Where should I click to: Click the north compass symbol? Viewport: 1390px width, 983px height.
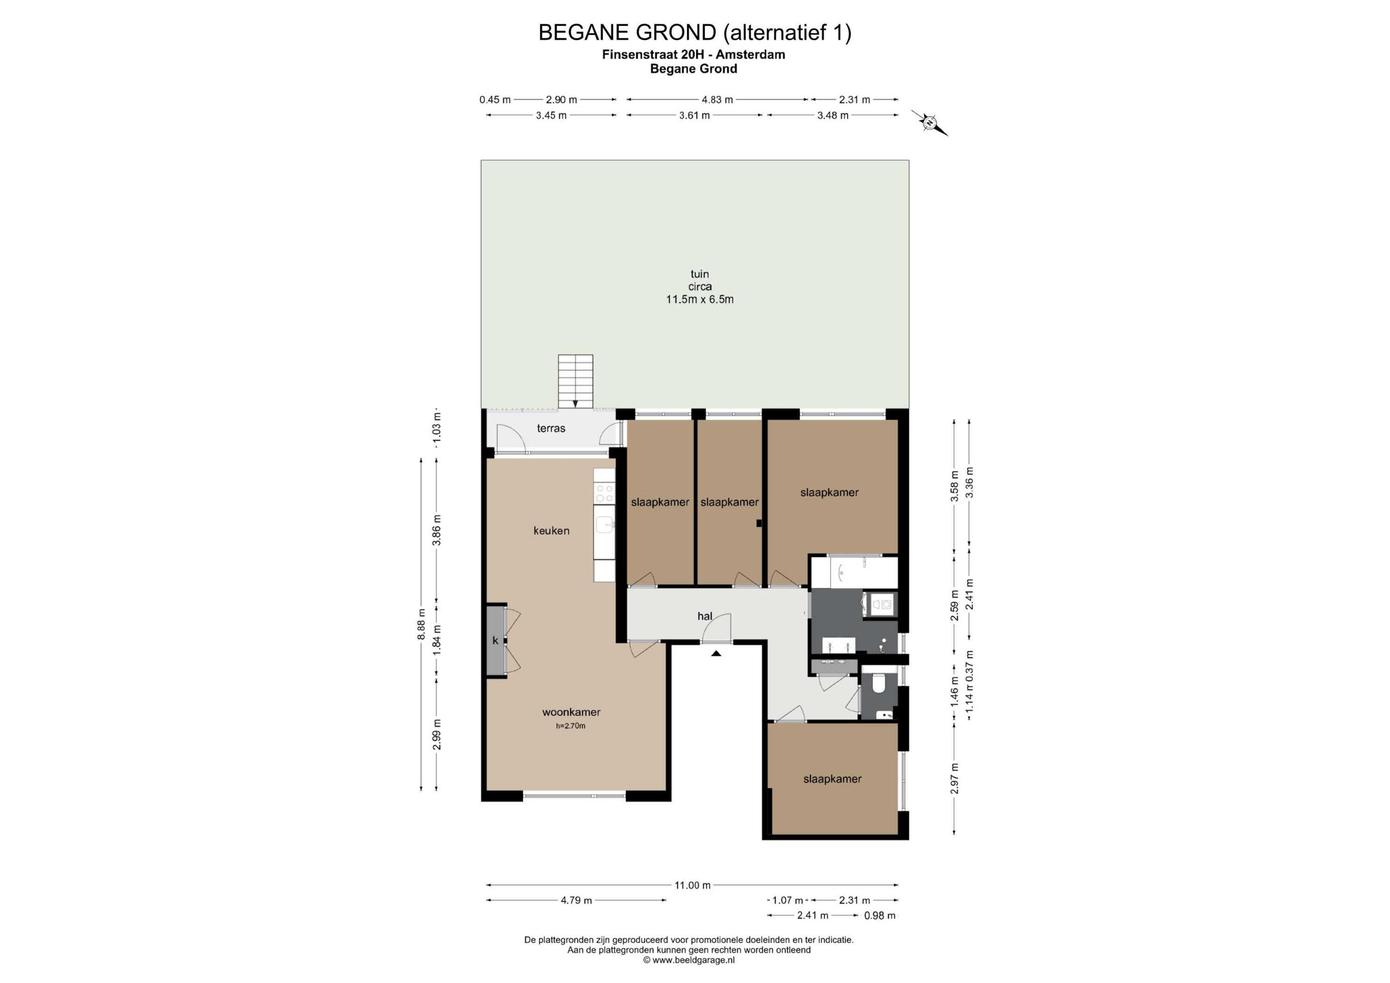pyautogui.click(x=929, y=123)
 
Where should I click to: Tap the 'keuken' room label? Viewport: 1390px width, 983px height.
pyautogui.click(x=551, y=531)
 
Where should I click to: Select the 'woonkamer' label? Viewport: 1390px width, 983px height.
pyautogui.click(x=571, y=712)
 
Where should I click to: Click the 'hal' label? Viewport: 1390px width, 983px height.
pyautogui.click(x=705, y=616)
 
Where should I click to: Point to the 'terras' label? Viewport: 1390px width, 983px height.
pyautogui.click(x=551, y=428)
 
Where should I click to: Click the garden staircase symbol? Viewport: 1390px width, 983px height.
pyautogui.click(x=575, y=381)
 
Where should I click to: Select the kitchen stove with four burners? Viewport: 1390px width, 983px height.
pyautogui.click(x=180, y=493)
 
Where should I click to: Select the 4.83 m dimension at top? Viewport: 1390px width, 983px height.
pyautogui.click(x=717, y=99)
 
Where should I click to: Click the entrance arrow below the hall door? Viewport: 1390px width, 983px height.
pyautogui.click(x=716, y=653)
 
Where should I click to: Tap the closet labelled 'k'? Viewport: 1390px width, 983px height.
pyautogui.click(x=496, y=640)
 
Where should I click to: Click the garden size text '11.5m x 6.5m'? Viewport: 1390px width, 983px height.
pyautogui.click(x=700, y=299)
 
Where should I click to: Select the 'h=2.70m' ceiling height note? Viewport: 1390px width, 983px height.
pyautogui.click(x=571, y=726)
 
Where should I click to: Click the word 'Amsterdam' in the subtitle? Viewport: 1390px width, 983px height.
pyautogui.click(x=750, y=55)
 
